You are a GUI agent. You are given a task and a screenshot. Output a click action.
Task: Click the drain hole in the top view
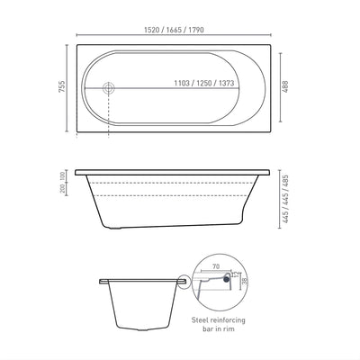(110, 88)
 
